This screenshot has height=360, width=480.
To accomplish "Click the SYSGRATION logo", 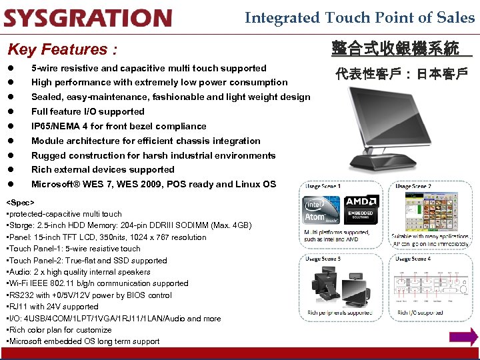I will [88, 17].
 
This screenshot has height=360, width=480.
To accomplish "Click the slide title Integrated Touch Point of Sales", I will [359, 17].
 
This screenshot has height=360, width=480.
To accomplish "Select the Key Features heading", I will [62, 49].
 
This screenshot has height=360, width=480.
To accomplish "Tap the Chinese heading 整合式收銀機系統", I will [395, 48].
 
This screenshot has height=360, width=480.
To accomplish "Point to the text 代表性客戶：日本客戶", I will [401, 73].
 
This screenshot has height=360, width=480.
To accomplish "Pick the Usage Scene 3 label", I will [323, 258].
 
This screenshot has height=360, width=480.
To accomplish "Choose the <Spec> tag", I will [19, 202].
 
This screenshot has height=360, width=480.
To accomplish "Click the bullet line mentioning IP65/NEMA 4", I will [119, 126].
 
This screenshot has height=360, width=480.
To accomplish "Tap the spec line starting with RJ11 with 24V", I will [53, 307].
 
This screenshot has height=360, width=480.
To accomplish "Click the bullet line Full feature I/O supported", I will [87, 111].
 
